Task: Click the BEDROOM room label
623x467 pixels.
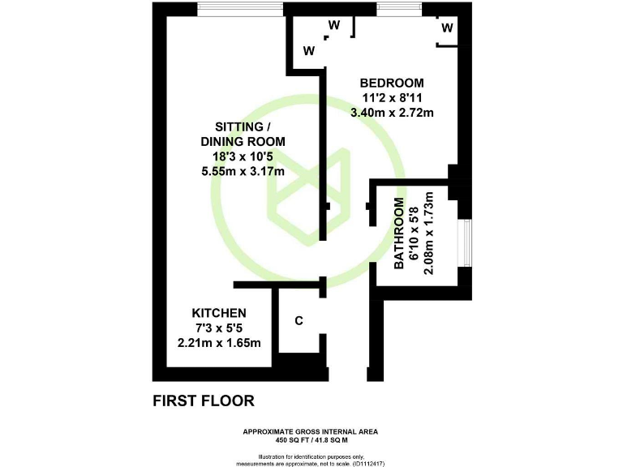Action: [392, 83]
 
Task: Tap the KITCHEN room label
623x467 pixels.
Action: [219, 313]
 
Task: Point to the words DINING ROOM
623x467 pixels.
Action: [243, 142]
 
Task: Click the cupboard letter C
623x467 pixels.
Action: [299, 321]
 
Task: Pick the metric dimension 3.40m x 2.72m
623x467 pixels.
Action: [392, 113]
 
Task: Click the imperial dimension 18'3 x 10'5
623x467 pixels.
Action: [243, 156]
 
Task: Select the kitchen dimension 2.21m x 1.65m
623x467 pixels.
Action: [219, 343]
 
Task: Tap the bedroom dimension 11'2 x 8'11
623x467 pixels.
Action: [392, 98]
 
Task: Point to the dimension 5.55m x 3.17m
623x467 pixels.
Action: [243, 171]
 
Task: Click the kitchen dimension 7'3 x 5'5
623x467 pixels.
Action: [219, 328]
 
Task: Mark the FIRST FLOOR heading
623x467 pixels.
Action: [204, 401]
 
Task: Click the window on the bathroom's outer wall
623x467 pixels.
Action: [466, 242]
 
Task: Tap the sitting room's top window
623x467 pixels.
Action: [240, 9]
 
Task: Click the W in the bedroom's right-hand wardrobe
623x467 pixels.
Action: [447, 28]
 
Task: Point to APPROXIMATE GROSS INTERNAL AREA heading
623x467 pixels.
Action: [311, 431]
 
